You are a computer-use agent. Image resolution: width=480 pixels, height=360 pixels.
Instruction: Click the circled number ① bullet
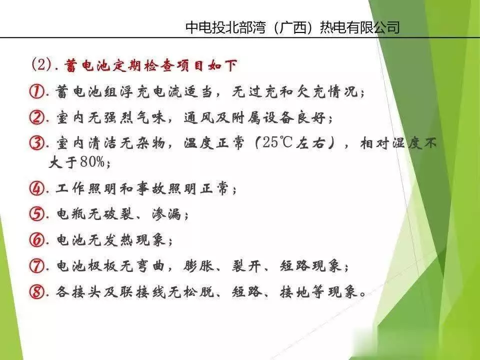(x=37, y=91)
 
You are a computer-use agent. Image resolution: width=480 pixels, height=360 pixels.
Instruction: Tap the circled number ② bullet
(x=37, y=117)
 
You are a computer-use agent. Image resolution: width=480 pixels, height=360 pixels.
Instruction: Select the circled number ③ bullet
(x=37, y=143)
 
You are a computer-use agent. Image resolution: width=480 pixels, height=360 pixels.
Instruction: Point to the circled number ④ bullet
(x=37, y=188)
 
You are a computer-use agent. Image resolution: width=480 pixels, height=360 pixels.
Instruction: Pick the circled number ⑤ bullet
(x=37, y=214)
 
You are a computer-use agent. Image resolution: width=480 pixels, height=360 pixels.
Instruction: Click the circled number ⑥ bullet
(x=37, y=240)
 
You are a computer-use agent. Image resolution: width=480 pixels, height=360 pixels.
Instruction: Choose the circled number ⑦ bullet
(x=37, y=265)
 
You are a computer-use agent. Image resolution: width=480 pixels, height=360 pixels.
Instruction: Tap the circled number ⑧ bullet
(x=37, y=291)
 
